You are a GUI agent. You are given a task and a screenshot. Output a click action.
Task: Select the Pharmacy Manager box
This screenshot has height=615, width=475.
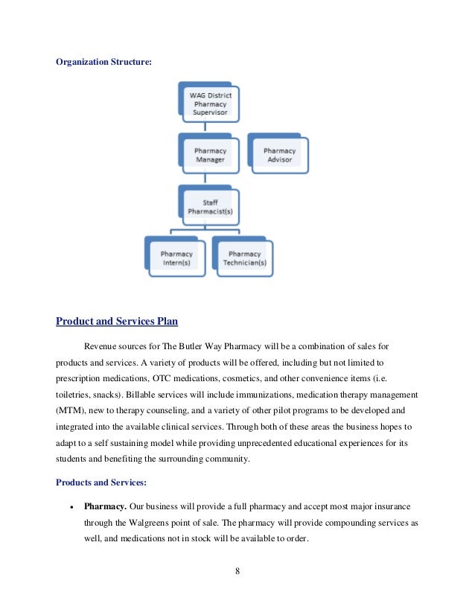click(211, 155)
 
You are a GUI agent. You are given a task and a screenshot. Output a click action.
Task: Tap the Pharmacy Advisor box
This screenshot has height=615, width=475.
click(279, 155)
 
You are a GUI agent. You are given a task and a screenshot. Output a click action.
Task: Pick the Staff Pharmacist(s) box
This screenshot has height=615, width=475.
click(211, 207)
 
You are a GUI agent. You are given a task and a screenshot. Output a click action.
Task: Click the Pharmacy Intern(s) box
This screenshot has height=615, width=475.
click(176, 258)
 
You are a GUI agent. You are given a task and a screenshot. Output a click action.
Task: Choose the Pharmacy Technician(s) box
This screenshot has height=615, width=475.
click(244, 258)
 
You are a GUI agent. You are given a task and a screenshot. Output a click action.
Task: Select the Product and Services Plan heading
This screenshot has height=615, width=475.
click(117, 322)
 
